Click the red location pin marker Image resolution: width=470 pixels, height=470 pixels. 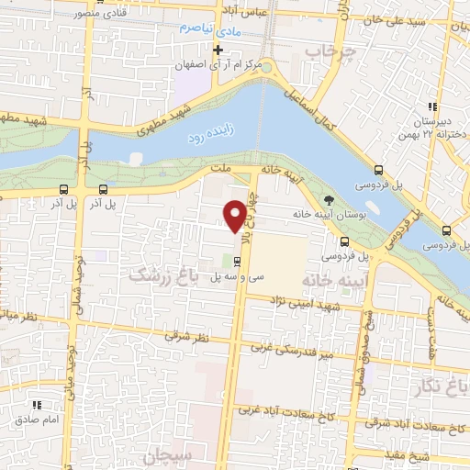pos(235,215)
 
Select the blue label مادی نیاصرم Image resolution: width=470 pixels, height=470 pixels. pos(207,29)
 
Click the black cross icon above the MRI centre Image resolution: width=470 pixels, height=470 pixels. pos(218,50)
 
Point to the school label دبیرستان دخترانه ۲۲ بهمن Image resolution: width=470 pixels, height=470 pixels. pos(440,127)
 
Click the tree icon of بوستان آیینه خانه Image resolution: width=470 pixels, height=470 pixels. pos(330,199)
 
